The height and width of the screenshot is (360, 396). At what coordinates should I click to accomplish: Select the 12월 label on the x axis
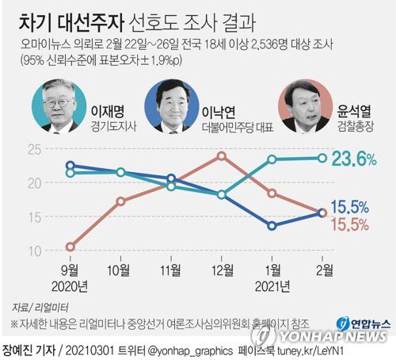pyautogui.click(x=221, y=270)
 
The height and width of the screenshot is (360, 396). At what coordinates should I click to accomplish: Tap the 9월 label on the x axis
pyautogui.click(x=70, y=270)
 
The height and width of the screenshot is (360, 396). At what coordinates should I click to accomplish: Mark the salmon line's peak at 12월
pyautogui.click(x=222, y=155)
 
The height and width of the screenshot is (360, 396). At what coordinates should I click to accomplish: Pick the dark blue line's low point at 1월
pyautogui.click(x=272, y=226)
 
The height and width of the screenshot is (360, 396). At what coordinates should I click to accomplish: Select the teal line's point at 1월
pyautogui.click(x=272, y=159)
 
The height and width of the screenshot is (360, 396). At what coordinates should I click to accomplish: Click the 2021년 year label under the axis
pyautogui.click(x=272, y=285)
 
